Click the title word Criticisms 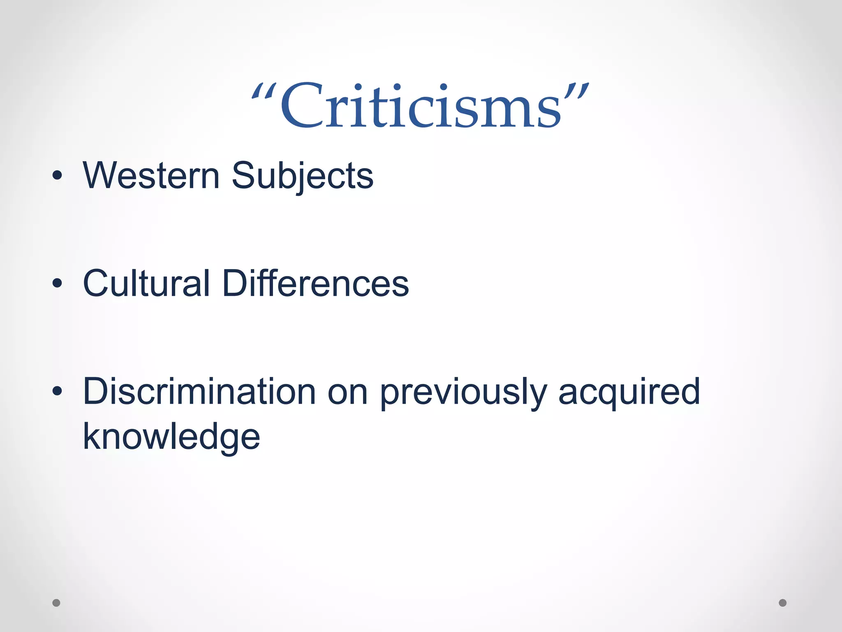pyautogui.click(x=420, y=106)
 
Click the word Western pyautogui.click(x=151, y=176)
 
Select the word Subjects pyautogui.click(x=303, y=177)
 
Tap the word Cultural pyautogui.click(x=146, y=283)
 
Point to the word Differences pyautogui.click(x=315, y=283)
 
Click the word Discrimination pyautogui.click(x=199, y=392)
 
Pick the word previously pyautogui.click(x=463, y=393)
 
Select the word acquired pyautogui.click(x=629, y=393)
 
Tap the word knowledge pyautogui.click(x=171, y=437)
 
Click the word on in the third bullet pyautogui.click(x=347, y=393)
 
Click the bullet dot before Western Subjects pyautogui.click(x=57, y=176)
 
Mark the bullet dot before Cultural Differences pyautogui.click(x=57, y=283)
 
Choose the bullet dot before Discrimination pyautogui.click(x=57, y=391)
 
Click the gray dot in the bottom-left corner pyautogui.click(x=56, y=603)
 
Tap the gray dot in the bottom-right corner pyautogui.click(x=783, y=603)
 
